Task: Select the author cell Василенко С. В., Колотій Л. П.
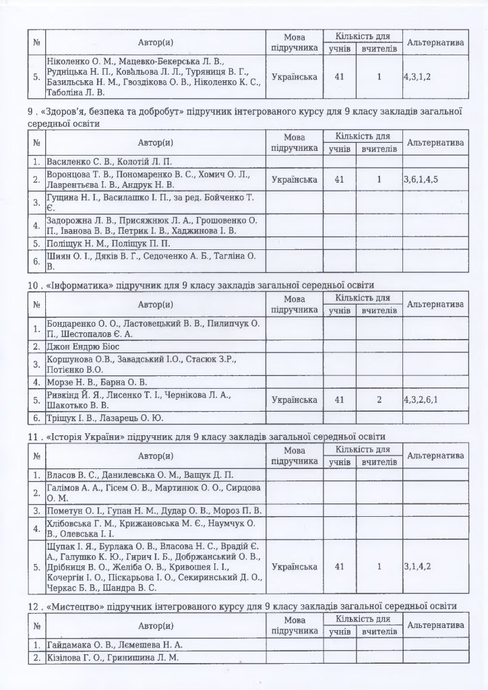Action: (x=110, y=162)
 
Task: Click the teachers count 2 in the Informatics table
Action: (x=379, y=400)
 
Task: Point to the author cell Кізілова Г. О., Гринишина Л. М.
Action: (x=113, y=658)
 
